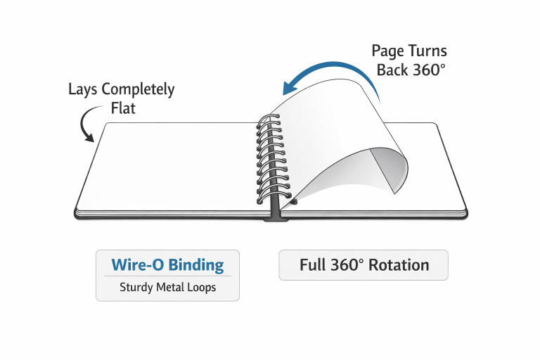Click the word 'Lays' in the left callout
pyautogui.click(x=83, y=90)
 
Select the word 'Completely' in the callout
pyautogui.click(x=138, y=90)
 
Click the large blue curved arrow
pyautogui.click(x=330, y=70)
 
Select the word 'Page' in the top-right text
pyautogui.click(x=387, y=51)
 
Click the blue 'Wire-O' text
pyautogui.click(x=137, y=266)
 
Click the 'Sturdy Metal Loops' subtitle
pyautogui.click(x=167, y=287)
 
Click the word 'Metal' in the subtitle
pyautogui.click(x=167, y=287)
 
